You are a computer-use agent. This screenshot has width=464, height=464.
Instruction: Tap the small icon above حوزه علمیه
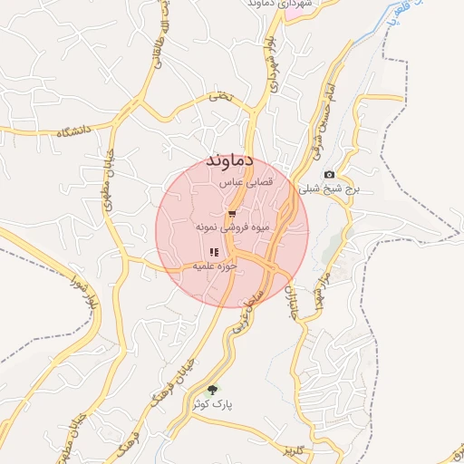tap(214, 252)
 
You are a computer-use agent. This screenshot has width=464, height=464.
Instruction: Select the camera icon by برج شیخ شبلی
tap(328, 175)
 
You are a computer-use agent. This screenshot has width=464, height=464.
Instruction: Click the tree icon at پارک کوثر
tap(213, 391)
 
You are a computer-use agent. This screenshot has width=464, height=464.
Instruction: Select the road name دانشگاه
tap(74, 132)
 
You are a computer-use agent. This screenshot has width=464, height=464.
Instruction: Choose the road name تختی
tap(220, 95)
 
